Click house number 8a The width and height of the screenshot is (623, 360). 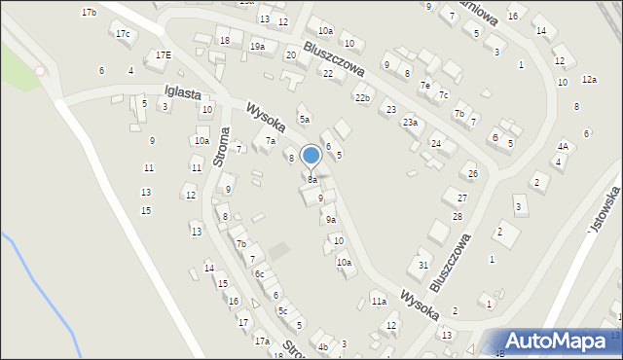pos(312,180)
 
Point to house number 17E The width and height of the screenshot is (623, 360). pos(164,55)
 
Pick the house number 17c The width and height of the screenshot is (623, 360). pos(123,34)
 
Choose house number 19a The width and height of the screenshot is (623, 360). pos(257,46)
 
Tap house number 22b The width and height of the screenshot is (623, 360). pos(362,98)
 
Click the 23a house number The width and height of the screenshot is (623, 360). pos(411,123)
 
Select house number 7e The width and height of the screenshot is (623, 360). pos(424,86)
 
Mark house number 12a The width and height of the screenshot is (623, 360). pos(588,80)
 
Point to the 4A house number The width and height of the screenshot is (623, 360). pos(563,146)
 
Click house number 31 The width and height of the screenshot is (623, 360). pos(423,265)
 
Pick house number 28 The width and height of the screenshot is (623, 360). pos(457,216)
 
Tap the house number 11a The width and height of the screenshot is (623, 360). pos(379,302)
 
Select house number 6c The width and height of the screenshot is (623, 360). pos(260,274)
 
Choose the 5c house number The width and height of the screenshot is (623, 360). pos(282,310)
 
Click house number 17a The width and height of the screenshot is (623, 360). pos(262,342)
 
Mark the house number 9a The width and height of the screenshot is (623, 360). pos(331,220)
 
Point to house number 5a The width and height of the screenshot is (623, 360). pos(305,120)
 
